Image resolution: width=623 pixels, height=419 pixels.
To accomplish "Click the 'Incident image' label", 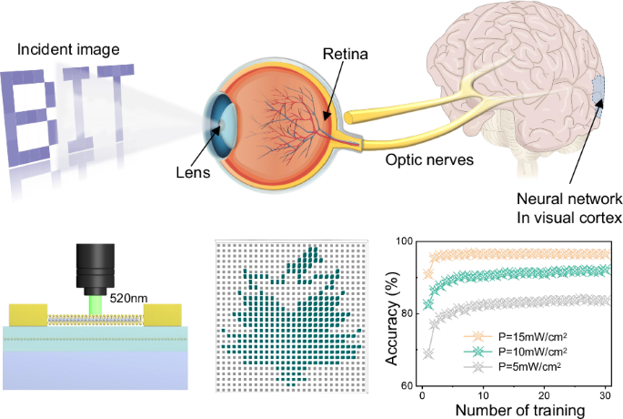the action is click(68, 50).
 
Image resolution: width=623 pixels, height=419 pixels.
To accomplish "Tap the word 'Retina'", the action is click(346, 54).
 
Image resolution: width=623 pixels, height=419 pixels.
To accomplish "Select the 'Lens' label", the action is click(193, 172).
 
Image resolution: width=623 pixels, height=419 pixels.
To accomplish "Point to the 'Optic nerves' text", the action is click(429, 160).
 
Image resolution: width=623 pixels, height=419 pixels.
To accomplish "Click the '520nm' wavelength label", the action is click(128, 298).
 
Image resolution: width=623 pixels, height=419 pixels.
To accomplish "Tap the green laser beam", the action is click(95, 305).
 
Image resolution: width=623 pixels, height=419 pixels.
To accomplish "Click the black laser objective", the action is click(95, 270).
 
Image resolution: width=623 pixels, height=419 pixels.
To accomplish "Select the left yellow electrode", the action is click(28, 315).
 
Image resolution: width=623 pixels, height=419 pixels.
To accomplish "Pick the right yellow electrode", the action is click(163, 315).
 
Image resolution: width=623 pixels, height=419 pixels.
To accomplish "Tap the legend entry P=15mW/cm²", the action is click(516, 337).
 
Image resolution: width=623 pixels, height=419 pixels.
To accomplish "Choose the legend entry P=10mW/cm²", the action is click(516, 352).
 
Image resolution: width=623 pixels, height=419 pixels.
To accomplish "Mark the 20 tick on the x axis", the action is click(544, 395).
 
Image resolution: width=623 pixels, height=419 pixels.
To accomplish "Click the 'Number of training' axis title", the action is click(520, 410).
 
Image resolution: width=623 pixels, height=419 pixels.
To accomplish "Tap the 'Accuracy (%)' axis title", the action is click(392, 319).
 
